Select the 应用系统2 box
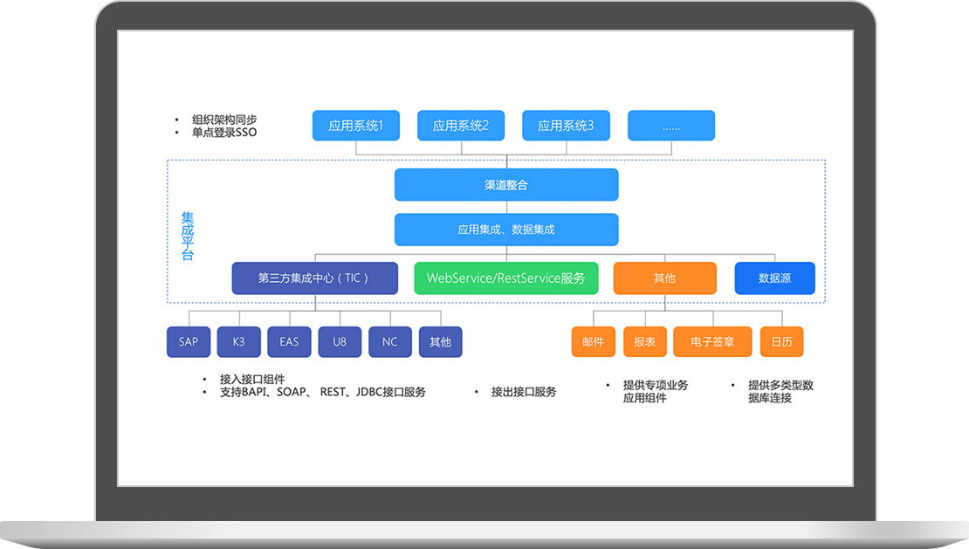point(461,126)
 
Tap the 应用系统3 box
point(566,126)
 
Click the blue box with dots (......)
point(670,126)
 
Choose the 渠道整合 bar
point(506,185)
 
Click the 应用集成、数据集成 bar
point(506,230)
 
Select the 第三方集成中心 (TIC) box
point(314,278)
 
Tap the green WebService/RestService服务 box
point(505,278)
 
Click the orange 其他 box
point(664,278)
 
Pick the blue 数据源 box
point(774,278)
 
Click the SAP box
point(189,342)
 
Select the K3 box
point(239,342)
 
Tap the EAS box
point(289,342)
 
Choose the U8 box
point(340,342)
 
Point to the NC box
point(390,342)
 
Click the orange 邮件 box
point(593,342)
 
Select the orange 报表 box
point(644,342)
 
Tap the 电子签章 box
point(712,342)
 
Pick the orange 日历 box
point(781,342)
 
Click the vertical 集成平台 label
point(188,236)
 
